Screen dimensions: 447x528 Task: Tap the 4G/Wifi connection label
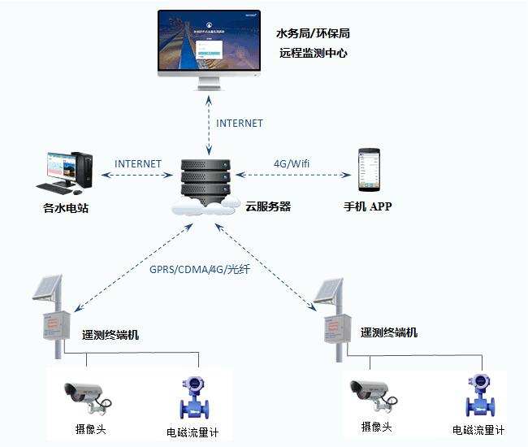coord(292,164)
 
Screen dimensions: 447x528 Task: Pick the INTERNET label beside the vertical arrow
coord(240,124)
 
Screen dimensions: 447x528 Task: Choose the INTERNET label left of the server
coord(138,164)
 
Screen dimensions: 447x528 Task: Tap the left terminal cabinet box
coord(55,327)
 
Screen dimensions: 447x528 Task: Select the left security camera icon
coord(85,393)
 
